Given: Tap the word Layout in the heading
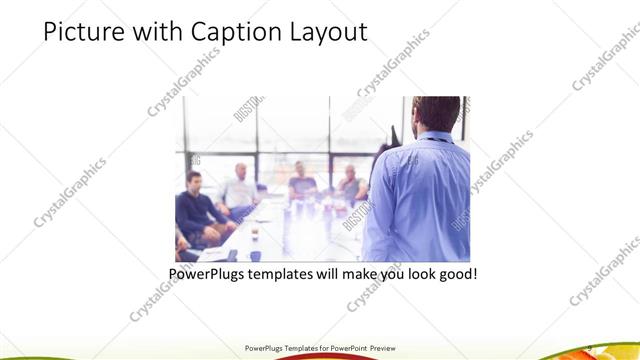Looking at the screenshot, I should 326,32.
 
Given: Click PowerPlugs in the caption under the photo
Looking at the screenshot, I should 207,273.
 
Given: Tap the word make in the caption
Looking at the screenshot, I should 367,273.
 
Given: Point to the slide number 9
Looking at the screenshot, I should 590,347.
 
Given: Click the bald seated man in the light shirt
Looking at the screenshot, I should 240,185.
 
